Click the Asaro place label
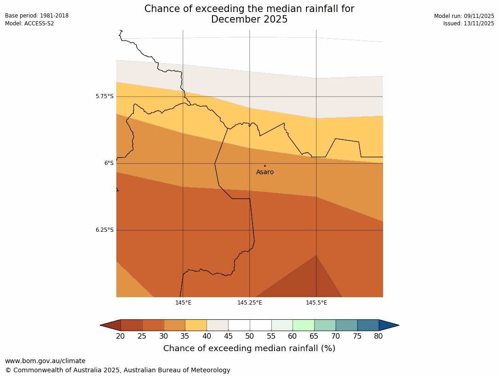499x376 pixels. (265, 172)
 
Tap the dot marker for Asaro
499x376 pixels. (265, 166)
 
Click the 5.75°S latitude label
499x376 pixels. (104, 96)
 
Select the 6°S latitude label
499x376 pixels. (109, 163)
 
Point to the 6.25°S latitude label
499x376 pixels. (104, 230)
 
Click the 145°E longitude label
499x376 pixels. (183, 303)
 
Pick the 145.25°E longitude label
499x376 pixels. (250, 303)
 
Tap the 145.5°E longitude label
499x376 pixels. (316, 303)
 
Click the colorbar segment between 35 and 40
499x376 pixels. (196, 325)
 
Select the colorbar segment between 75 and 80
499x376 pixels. (368, 325)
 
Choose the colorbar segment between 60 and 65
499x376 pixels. (304, 325)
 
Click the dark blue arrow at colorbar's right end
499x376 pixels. (389, 325)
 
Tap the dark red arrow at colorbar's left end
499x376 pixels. (110, 325)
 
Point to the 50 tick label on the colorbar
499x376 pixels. (250, 336)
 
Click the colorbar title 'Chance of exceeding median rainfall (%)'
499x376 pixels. (249, 348)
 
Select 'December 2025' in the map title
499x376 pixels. (249, 19)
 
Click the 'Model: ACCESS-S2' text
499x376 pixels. (29, 23)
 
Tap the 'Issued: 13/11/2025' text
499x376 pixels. (469, 23)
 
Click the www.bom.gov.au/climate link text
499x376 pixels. (45, 361)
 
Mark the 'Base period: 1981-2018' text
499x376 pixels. (37, 16)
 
